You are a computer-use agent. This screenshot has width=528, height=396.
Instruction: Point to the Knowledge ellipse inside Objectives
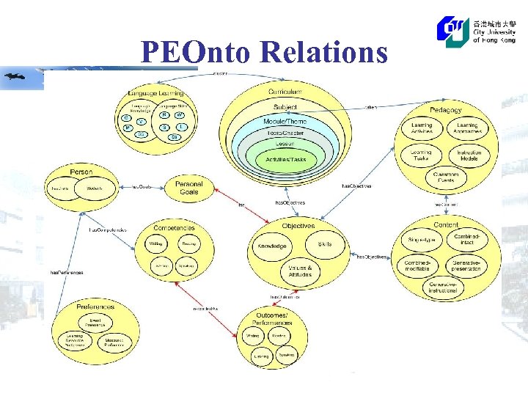271,246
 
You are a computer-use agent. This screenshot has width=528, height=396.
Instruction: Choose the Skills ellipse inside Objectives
325,243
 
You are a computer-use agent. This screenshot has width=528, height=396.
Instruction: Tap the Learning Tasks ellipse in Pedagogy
421,155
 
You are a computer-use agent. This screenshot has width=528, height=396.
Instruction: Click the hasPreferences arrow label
67,272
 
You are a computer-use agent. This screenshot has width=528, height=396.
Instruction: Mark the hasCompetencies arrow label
108,230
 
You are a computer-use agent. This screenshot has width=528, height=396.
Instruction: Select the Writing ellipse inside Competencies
155,243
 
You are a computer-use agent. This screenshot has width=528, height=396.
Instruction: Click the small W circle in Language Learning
180,115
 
